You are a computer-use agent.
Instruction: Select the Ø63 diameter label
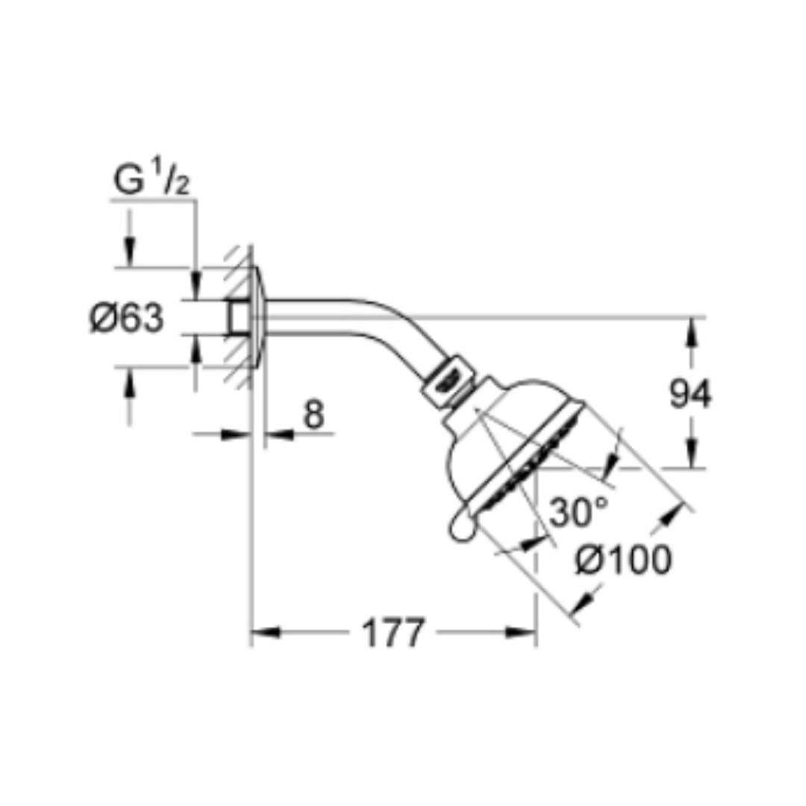(x=127, y=318)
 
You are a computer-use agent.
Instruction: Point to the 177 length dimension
(x=394, y=633)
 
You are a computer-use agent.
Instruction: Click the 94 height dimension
(x=690, y=394)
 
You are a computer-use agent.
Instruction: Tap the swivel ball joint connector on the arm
(x=449, y=381)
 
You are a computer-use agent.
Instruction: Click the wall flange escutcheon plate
(x=258, y=317)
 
